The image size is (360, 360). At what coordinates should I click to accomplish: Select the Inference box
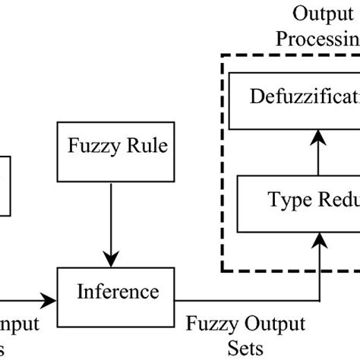[117, 292]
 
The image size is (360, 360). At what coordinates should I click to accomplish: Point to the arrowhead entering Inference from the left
[52, 302]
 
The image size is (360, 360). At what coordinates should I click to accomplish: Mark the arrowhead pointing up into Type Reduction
[321, 238]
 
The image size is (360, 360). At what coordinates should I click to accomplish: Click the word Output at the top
[317, 14]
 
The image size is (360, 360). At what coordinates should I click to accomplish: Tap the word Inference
[117, 292]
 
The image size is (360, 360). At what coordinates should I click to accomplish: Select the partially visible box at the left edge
[5, 186]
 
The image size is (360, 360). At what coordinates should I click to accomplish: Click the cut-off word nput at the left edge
[19, 325]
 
